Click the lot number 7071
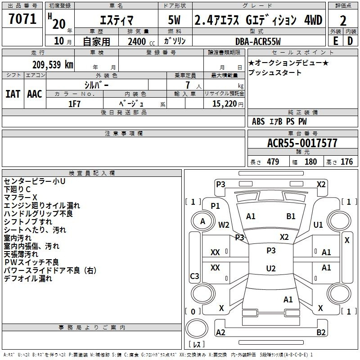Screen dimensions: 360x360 pos(22,19)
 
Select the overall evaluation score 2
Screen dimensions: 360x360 pos(343,21)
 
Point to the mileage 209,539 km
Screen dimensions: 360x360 pos(53,65)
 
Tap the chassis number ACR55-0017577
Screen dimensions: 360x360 pos(302,143)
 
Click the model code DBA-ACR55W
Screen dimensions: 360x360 pos(258,41)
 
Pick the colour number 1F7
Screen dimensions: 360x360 pos(74,104)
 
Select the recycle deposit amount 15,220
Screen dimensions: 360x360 pos(225,104)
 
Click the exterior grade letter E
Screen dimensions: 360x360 pos(335,41)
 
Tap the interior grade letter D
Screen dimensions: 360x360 pos(350,41)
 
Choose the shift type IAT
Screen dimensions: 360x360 pos(13,94)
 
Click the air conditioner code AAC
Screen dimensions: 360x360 pos(35,94)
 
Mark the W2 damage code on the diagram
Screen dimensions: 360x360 pos(224,225)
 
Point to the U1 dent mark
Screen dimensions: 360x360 pos(318,225)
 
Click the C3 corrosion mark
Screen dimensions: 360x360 pos(194,276)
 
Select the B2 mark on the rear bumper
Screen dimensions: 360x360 pos(321,332)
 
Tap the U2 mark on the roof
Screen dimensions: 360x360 pos(271,268)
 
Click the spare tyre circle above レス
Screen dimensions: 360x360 pos(197,329)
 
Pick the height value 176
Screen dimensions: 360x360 pos(346,162)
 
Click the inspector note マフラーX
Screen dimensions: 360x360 pos(20,197)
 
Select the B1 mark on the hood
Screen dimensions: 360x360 pos(291,216)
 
